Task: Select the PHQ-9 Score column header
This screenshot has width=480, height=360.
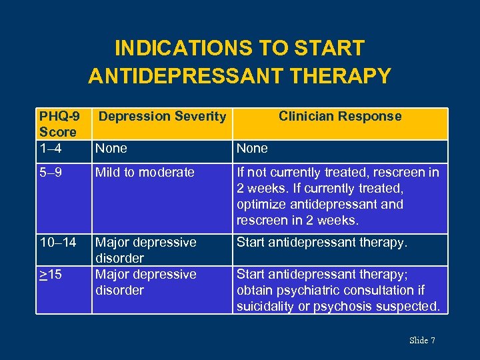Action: tap(58, 124)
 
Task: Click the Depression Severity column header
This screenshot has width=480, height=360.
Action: tap(162, 117)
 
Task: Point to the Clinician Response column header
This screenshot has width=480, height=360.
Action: tap(340, 117)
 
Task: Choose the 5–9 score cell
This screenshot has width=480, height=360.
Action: tap(52, 173)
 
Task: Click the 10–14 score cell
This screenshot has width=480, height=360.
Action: tap(58, 243)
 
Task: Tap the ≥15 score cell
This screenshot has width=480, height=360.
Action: tap(52, 275)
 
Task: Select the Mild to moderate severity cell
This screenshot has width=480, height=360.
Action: tap(145, 173)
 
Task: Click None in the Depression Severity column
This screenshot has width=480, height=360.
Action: tap(111, 148)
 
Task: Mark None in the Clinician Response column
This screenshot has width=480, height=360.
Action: tap(252, 148)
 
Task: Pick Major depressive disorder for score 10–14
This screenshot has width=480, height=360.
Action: tap(145, 250)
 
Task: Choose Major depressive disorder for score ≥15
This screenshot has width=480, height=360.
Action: tap(145, 282)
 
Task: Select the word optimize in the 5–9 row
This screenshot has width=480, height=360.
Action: tap(261, 205)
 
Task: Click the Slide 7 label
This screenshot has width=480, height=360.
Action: tap(422, 341)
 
